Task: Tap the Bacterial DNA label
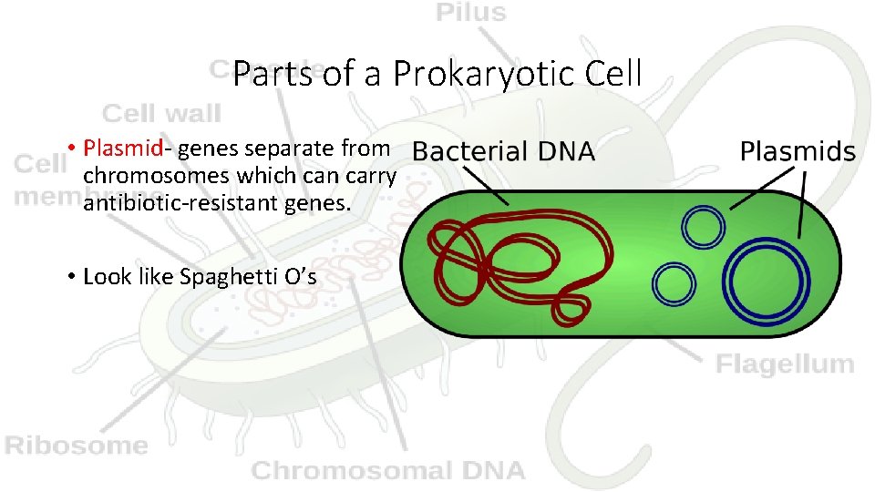(x=504, y=151)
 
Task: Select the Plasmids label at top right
(x=798, y=151)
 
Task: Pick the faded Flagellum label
(x=785, y=364)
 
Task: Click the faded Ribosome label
(x=77, y=446)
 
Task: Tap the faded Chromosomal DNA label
(x=388, y=470)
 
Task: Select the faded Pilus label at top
(x=470, y=13)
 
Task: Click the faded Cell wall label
(x=161, y=114)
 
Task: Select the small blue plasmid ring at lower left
(x=675, y=282)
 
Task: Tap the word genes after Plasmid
(x=216, y=148)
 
